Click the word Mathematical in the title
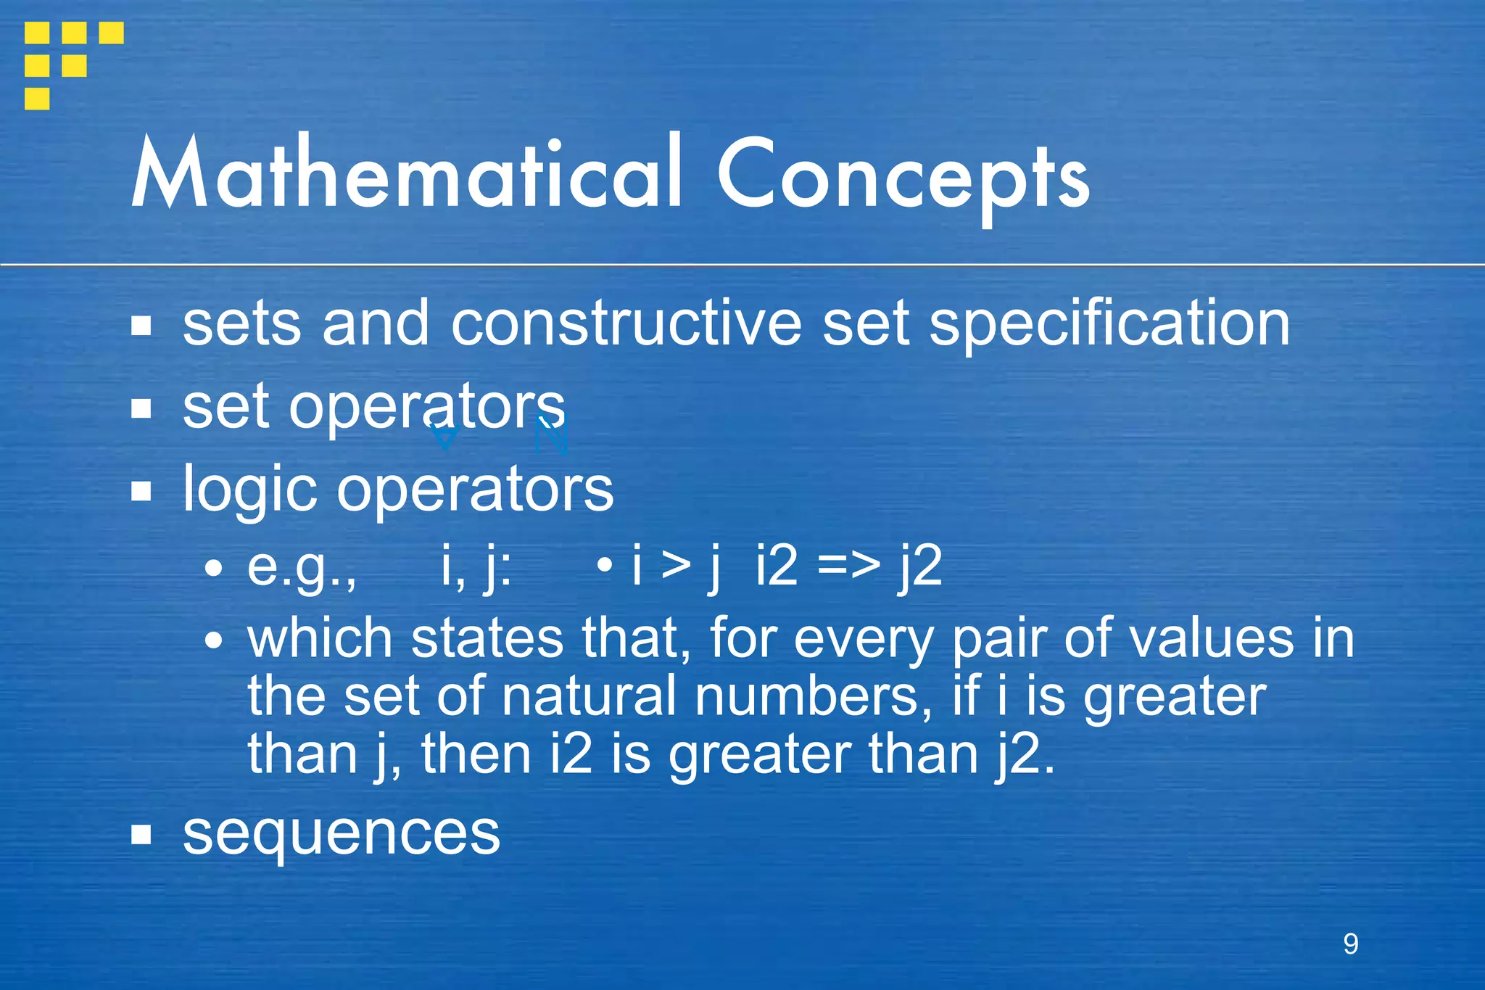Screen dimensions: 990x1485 pyautogui.click(x=406, y=174)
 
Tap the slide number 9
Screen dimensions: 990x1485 pyautogui.click(x=1350, y=944)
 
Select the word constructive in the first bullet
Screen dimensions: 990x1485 pyautogui.click(x=626, y=323)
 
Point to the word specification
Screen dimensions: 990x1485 pyautogui.click(x=1109, y=323)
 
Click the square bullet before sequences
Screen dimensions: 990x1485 pyautogui.click(x=141, y=835)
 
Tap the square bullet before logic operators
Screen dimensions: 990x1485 pyautogui.click(x=141, y=491)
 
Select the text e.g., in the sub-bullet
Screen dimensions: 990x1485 pyautogui.click(x=302, y=567)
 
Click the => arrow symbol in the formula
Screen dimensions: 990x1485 pyautogui.click(x=848, y=566)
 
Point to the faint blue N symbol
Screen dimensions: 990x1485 pyautogui.click(x=551, y=437)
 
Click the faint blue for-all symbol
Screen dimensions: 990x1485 pyautogui.click(x=444, y=437)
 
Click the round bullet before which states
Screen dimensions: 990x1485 pyautogui.click(x=213, y=640)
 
